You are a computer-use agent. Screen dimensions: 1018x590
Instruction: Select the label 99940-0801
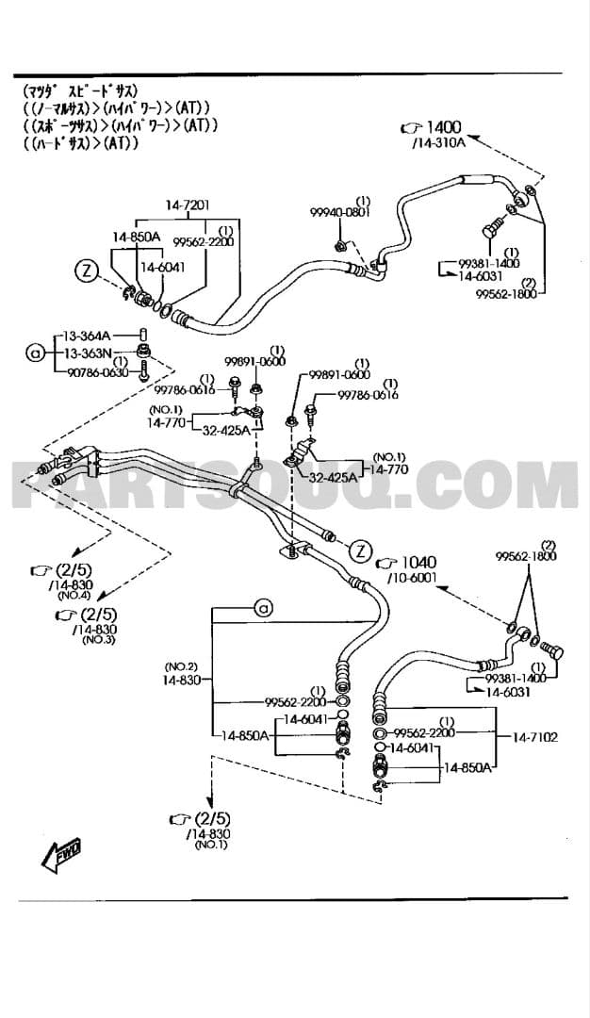[x=340, y=213]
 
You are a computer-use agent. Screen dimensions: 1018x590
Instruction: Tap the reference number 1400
[x=443, y=128]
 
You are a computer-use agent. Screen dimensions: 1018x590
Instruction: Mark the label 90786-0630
[x=96, y=372]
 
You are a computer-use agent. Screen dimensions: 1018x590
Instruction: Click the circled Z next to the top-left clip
[x=88, y=271]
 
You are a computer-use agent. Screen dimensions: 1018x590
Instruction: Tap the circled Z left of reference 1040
[x=359, y=550]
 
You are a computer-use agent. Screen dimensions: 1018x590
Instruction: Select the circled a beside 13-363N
[x=36, y=353]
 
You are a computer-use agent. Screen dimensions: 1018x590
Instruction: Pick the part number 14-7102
[x=534, y=736]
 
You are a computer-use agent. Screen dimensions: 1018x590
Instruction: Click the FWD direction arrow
[x=61, y=854]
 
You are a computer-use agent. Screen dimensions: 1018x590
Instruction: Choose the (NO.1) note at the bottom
[x=211, y=845]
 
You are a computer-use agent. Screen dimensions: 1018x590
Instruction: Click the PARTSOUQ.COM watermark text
[x=295, y=488]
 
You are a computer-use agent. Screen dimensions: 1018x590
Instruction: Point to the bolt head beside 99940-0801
[x=341, y=248]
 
